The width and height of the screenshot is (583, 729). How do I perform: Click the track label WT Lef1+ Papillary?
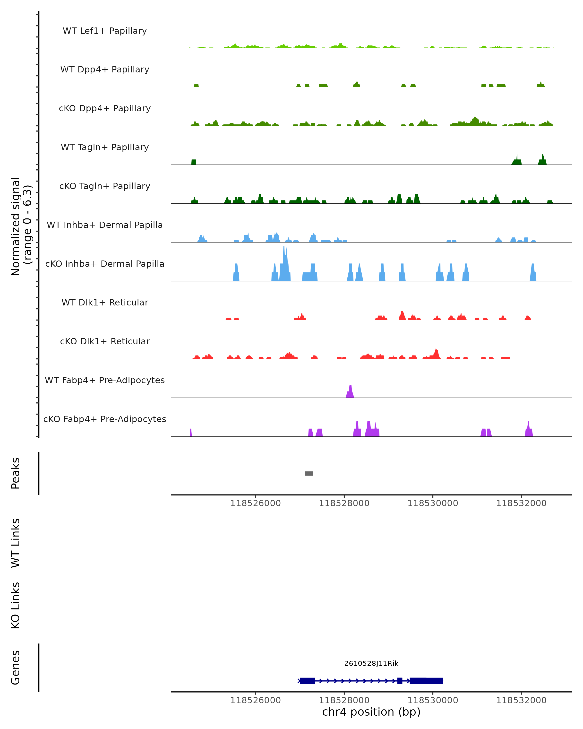(x=105, y=31)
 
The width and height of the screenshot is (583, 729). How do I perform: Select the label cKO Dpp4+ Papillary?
(x=105, y=109)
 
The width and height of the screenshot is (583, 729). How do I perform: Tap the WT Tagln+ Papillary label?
(x=105, y=148)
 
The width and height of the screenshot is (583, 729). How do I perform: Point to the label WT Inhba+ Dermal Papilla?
(x=105, y=225)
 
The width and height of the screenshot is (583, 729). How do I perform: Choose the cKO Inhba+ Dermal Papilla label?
(x=105, y=264)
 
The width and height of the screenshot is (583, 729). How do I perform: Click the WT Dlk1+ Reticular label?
(x=105, y=303)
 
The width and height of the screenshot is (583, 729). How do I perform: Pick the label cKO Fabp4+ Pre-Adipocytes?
(x=105, y=419)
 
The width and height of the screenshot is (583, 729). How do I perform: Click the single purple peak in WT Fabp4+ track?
(x=350, y=392)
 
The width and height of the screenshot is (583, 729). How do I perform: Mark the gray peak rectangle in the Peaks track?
(x=309, y=473)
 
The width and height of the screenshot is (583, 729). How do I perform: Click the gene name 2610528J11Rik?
(x=371, y=663)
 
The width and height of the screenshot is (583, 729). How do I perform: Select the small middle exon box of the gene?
(x=400, y=681)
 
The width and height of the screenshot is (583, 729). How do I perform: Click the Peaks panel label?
(x=16, y=473)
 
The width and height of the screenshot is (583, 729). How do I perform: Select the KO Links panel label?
(x=16, y=606)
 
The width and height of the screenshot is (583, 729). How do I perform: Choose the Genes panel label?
(x=16, y=668)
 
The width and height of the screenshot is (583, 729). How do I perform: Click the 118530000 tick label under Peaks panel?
(x=433, y=503)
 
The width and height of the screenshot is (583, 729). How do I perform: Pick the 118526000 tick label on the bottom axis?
(x=256, y=700)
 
